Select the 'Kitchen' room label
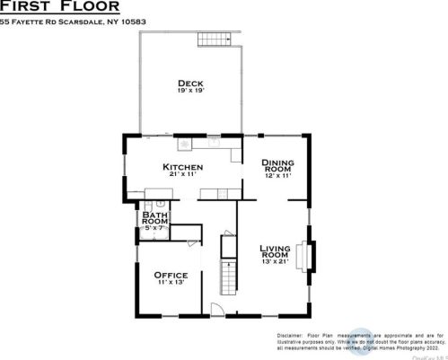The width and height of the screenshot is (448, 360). coord(182,167)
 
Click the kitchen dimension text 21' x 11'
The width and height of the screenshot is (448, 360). coord(182,176)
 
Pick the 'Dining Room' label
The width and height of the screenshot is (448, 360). coord(277,166)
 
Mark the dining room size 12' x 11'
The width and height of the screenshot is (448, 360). coord(277,176)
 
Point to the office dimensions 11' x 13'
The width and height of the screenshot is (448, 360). coord(170,283)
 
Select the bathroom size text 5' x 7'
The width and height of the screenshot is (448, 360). coord(155,228)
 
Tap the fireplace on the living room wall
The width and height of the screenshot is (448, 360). coord(311,255)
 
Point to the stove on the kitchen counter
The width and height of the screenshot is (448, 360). coord(185,143)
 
